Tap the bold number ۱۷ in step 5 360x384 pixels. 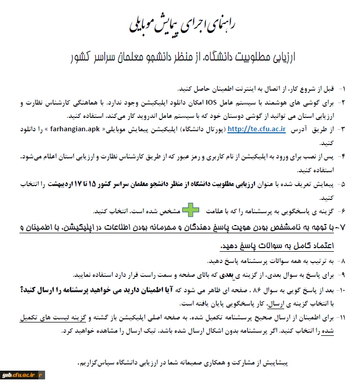pos(79,183)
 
